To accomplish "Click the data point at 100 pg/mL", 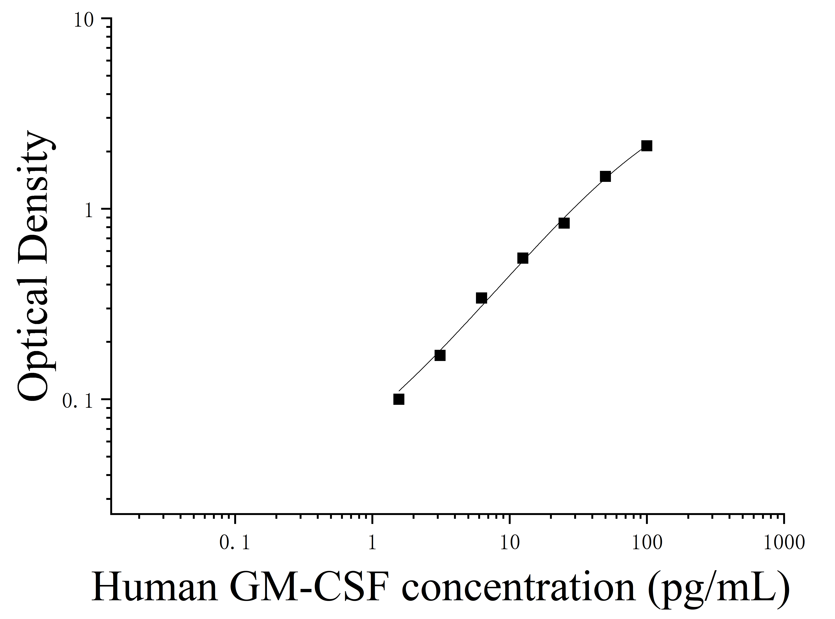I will click(646, 146).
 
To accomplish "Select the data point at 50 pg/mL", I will click(605, 177).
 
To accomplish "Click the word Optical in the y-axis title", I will click(34, 322).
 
